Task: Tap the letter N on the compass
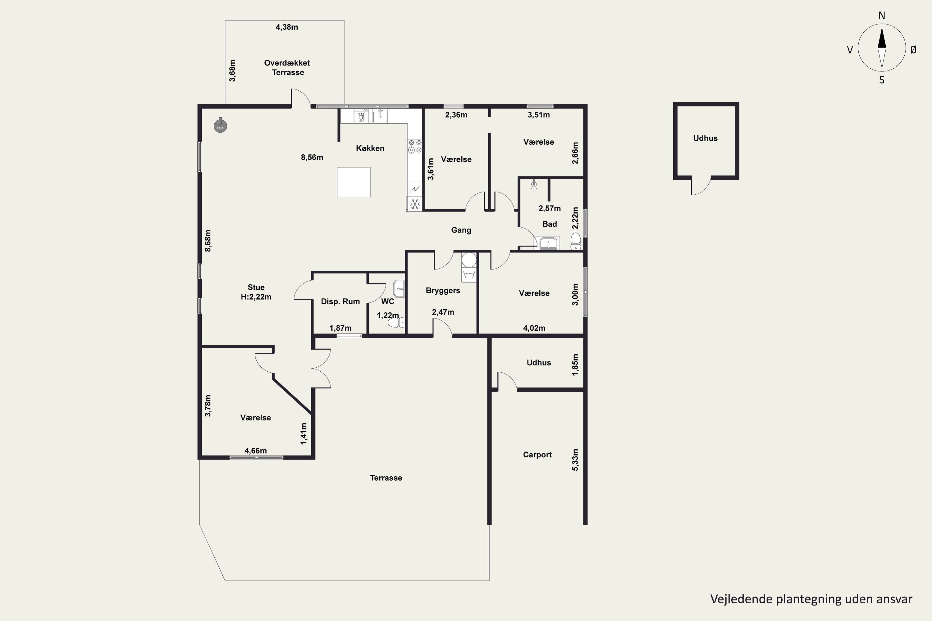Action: coord(882,16)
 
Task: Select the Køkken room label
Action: coord(370,148)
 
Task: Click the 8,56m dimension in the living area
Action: coord(312,157)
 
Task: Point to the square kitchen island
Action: coord(354,182)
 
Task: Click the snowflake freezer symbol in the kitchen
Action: coord(414,204)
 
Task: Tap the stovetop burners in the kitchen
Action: coord(415,146)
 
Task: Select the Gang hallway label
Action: coord(461,230)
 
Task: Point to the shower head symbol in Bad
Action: coord(534,185)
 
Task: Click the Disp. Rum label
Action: coord(340,301)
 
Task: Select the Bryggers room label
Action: coord(443,290)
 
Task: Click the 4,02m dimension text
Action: coord(534,328)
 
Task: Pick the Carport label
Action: coord(537,455)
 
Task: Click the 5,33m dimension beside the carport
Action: coord(575,460)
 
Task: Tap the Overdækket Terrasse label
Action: coord(287,67)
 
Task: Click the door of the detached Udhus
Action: coord(701,186)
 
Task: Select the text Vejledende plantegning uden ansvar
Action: coord(811,599)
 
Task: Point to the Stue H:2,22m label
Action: coord(256,292)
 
